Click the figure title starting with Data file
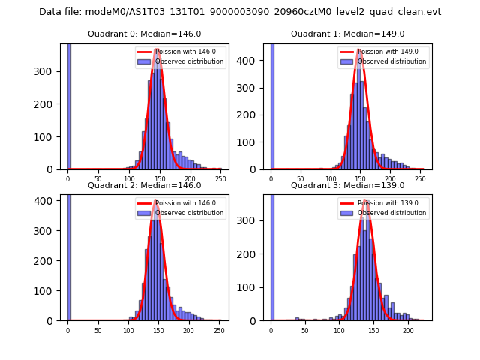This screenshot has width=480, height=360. [240, 12]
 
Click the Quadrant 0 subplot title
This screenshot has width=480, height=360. [142, 34]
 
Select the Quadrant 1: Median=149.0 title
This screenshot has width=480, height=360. [347, 34]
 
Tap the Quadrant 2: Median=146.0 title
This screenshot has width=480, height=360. [142, 185]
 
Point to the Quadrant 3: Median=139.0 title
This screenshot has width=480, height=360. [347, 185]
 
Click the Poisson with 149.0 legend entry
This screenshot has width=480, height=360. [382, 52]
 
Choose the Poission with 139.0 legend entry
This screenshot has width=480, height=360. [382, 204]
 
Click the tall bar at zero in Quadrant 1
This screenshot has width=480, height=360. [272, 105]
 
